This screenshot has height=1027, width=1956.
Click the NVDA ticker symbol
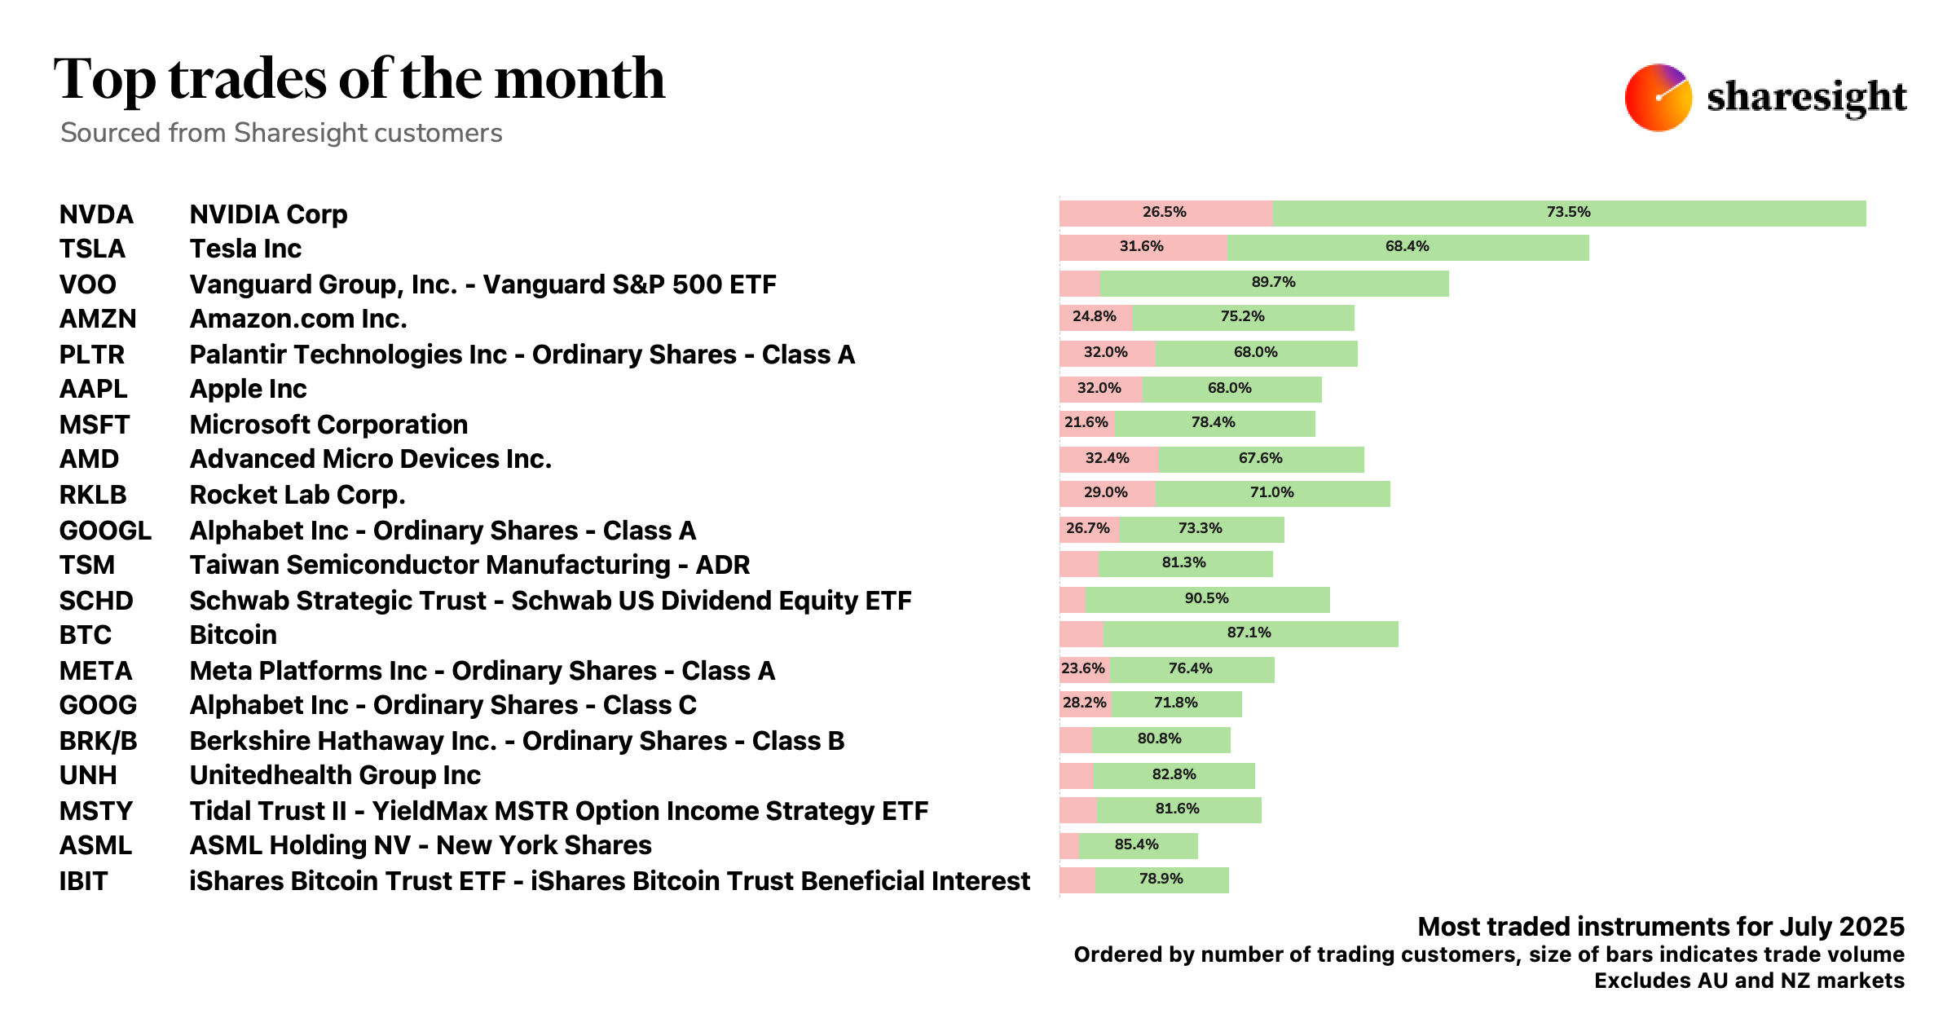96,214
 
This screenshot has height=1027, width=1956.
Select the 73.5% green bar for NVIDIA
1569,213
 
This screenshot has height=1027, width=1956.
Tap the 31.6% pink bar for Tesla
1143,247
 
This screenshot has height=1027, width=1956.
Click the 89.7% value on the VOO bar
1273,282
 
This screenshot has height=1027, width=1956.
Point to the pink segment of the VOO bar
1080,284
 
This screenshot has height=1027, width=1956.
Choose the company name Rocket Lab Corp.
297,495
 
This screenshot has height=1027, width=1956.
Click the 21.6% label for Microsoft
1086,422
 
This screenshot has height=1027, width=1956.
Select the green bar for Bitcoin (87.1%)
1250,633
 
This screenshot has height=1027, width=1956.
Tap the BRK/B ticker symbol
98,741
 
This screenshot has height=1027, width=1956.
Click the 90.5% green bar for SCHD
1207,599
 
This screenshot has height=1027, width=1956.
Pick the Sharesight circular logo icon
1658,98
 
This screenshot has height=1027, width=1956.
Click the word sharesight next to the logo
1806,98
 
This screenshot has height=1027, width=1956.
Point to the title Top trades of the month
359,79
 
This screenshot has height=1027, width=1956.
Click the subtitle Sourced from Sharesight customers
281,133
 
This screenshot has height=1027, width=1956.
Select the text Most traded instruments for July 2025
1661,927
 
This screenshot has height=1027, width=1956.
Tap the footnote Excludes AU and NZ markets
1749,981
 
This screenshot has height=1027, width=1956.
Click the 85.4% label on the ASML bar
1136,844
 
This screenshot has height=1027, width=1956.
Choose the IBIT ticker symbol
83,881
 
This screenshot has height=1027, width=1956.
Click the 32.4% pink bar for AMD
1108,459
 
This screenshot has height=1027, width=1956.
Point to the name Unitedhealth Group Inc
335,775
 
